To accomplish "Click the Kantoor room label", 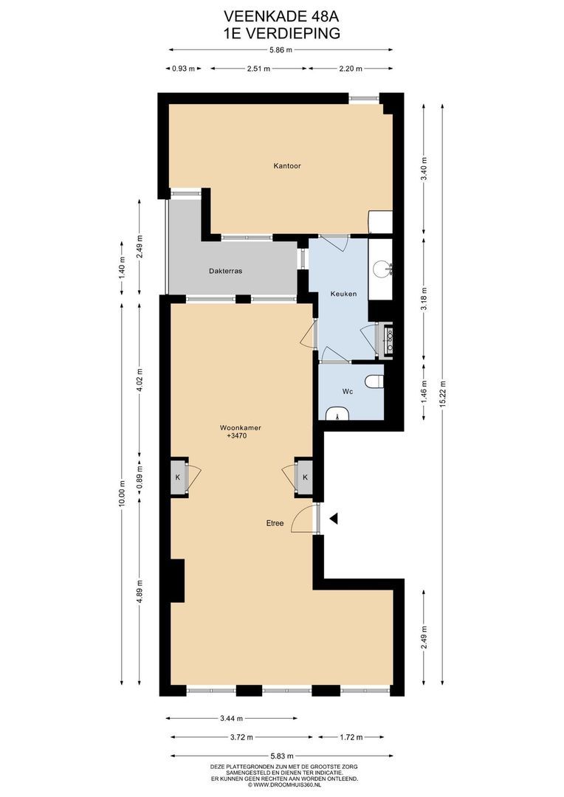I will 286,166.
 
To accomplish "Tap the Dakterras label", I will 226,271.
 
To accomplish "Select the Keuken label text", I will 343,294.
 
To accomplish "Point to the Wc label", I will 348,392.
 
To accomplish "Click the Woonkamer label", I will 240,427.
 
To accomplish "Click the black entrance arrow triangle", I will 334,519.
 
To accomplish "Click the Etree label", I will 275,523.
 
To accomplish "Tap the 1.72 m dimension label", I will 351,736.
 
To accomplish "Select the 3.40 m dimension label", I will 424,170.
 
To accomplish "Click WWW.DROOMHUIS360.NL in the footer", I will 284,784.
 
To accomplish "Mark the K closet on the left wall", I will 178,477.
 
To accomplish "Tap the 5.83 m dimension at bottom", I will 281,756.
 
